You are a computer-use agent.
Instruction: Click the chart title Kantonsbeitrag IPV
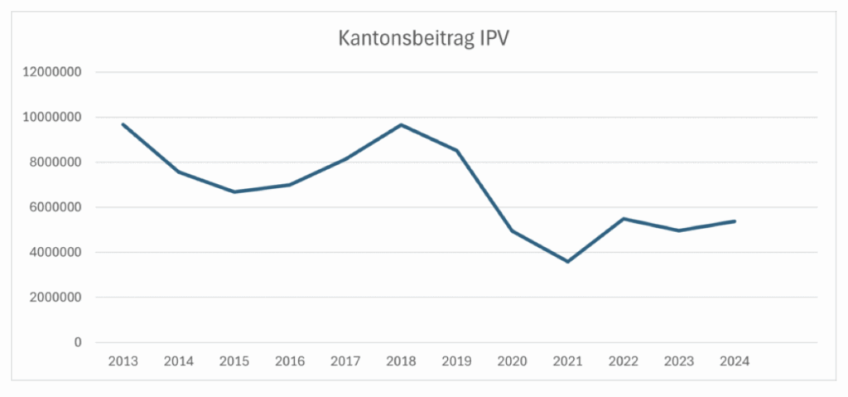tap(424, 39)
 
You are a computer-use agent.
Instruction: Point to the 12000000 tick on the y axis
tap(52, 72)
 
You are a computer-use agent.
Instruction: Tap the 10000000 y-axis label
tap(52, 117)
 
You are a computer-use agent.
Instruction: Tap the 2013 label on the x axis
tap(123, 361)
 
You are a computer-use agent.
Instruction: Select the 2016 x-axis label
tap(289, 361)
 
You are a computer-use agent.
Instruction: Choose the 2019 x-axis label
tap(456, 361)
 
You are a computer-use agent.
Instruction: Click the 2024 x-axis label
tap(735, 361)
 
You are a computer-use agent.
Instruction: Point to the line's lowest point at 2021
tap(567, 262)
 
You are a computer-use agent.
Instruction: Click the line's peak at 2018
tap(401, 125)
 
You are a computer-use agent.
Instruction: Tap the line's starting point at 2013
tap(123, 124)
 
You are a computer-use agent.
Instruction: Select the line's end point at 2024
tap(735, 221)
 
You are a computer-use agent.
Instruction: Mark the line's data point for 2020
tap(512, 230)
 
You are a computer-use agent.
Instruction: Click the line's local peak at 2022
tap(624, 219)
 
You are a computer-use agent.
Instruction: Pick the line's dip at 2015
tap(234, 192)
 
